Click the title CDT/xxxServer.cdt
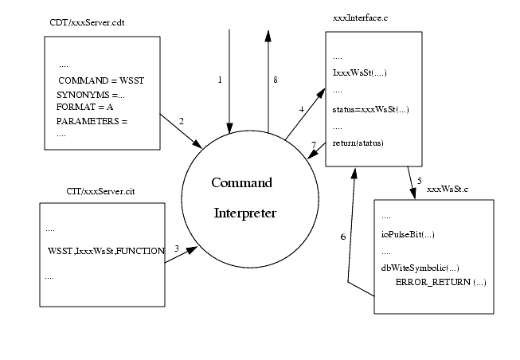click(x=88, y=22)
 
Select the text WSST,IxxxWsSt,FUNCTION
click(x=105, y=251)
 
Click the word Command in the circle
click(x=241, y=183)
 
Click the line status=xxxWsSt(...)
click(x=370, y=109)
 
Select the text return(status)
click(x=358, y=143)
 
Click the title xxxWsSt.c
click(x=448, y=190)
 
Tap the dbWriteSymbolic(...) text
click(x=420, y=268)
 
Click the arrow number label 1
click(x=220, y=80)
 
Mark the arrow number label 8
click(x=275, y=80)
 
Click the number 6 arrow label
click(x=342, y=237)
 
